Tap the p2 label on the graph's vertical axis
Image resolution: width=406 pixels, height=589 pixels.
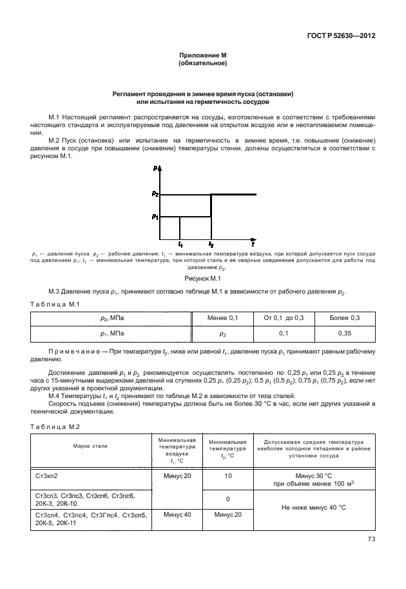[155, 194]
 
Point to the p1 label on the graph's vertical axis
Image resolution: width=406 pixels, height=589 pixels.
[155, 217]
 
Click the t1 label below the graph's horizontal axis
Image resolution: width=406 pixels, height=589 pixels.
[180, 245]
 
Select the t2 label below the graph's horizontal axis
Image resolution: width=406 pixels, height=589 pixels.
[211, 245]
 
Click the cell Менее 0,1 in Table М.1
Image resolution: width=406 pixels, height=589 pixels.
[223, 318]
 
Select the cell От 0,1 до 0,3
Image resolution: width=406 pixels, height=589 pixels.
[284, 318]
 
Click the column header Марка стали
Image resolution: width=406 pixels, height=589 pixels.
[90, 446]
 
